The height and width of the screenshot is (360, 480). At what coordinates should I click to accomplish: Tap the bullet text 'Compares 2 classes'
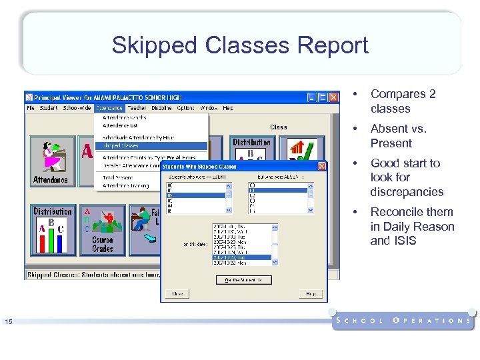point(403,101)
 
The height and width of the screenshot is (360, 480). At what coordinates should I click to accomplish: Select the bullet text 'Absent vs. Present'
point(398,136)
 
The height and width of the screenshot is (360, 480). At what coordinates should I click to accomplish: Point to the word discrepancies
point(407,192)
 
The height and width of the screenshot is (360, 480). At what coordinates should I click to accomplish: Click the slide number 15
point(9,323)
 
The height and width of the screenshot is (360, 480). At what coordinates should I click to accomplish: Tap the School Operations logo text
point(404,321)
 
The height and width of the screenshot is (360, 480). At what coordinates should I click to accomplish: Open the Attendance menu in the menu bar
point(109,108)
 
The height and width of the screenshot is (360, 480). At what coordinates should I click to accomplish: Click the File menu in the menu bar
point(31,108)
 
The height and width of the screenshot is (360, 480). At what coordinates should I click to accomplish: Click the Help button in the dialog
point(310,293)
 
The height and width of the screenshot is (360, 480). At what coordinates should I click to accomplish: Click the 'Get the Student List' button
point(243,280)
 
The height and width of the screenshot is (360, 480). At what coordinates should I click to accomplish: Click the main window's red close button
point(333,97)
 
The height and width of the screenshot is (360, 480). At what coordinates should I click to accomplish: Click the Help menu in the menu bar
point(228,108)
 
